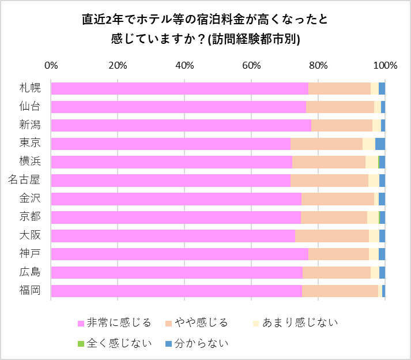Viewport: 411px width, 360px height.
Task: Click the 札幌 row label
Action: [30, 88]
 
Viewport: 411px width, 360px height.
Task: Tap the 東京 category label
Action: [30, 144]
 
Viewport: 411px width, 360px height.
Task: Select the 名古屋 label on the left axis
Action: [24, 181]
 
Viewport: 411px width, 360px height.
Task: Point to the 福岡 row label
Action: [30, 291]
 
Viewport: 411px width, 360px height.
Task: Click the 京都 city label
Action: [30, 217]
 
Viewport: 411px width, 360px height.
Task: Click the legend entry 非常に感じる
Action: [119, 322]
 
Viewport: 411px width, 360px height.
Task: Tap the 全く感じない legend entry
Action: [119, 344]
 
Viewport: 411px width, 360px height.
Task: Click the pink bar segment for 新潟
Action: [181, 125]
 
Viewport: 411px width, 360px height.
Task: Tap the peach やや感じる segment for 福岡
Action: [340, 291]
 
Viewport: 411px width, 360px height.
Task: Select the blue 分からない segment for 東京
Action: [380, 144]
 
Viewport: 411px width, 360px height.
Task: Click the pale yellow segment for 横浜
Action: [371, 162]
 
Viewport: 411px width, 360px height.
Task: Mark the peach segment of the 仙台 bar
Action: [340, 107]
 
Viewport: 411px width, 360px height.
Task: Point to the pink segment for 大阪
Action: [173, 235]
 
